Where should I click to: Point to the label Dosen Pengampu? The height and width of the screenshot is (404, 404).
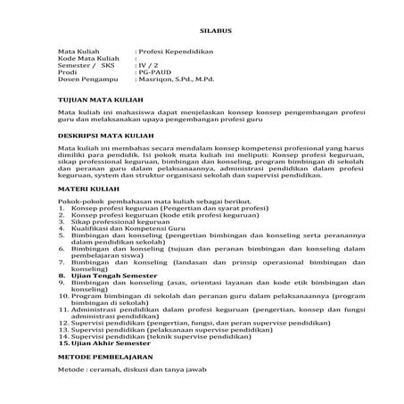(x=86, y=81)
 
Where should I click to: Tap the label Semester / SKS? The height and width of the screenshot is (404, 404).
(x=87, y=66)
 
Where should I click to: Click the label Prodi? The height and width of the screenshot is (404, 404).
(x=68, y=73)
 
